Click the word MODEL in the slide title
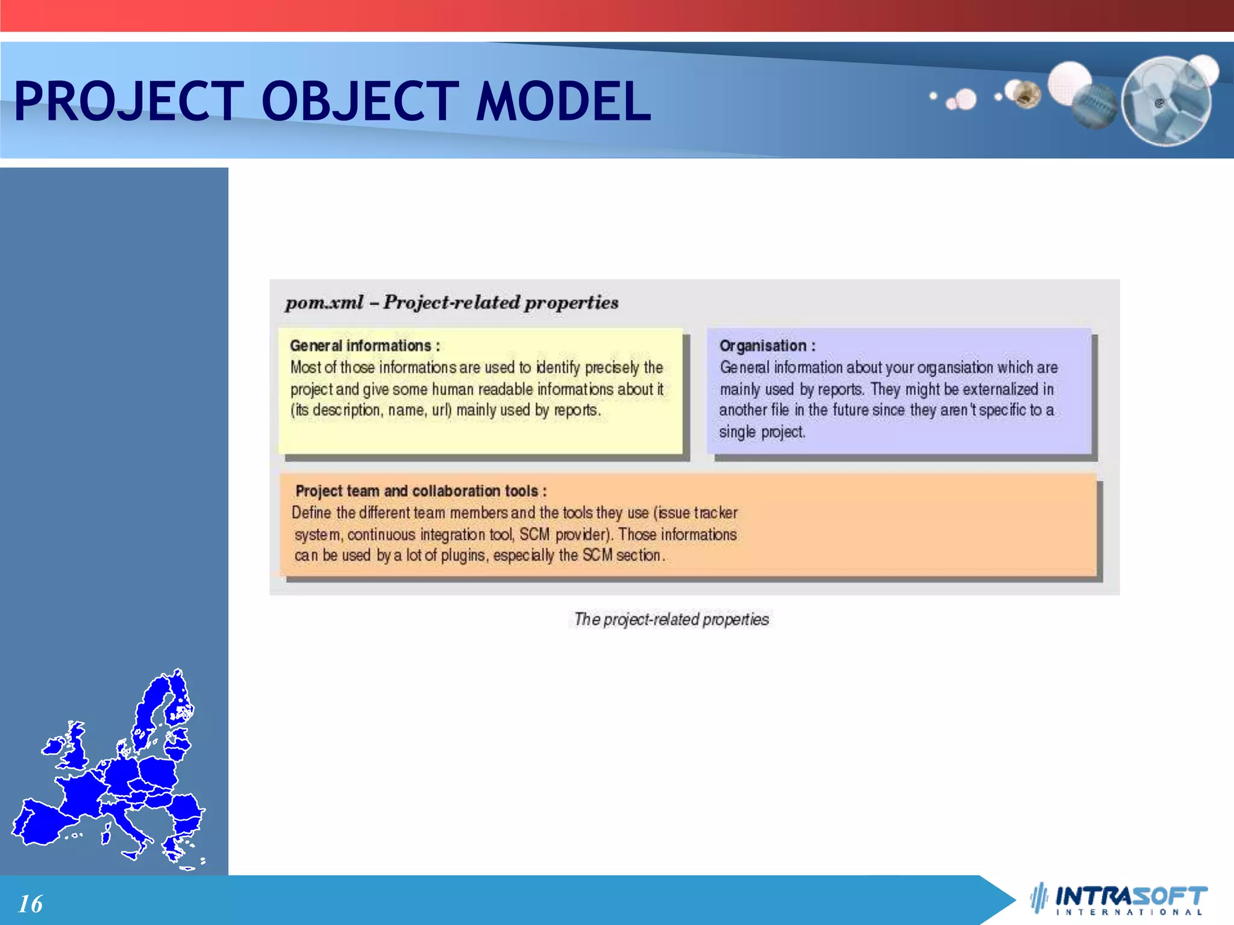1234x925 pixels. (x=563, y=101)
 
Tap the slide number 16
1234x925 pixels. (x=30, y=903)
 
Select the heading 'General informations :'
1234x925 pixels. (x=365, y=346)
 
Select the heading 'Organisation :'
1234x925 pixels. (x=767, y=346)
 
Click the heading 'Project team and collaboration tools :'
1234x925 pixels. (x=421, y=491)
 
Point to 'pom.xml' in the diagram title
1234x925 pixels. (x=324, y=302)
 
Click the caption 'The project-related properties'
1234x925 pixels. (x=671, y=619)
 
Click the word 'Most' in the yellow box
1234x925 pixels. (x=305, y=367)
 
